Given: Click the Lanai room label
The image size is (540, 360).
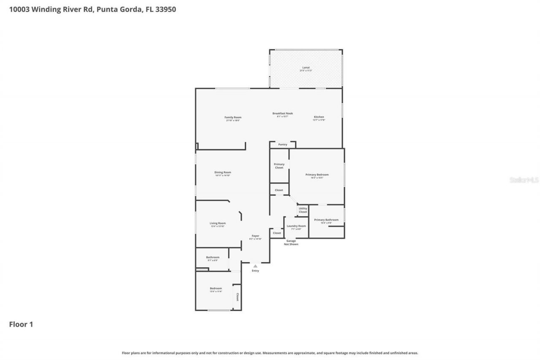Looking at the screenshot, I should pos(306,68).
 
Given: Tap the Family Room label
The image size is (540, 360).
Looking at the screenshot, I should pos(232,117).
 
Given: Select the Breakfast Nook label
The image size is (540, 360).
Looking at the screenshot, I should pos(282,113).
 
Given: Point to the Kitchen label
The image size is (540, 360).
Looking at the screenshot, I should pos(319,117).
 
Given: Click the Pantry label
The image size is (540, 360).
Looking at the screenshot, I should pos(282,144).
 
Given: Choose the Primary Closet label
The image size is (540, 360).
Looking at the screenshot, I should pos(279,166).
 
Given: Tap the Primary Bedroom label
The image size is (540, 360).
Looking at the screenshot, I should pos(317,175).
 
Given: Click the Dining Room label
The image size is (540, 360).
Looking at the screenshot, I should pos(222,172).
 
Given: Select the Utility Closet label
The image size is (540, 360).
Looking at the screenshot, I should pos(303,210).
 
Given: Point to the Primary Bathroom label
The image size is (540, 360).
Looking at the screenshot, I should pos(326,220).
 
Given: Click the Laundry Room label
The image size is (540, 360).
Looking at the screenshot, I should pos(296,226).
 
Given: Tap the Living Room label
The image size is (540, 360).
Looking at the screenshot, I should pos(218,223).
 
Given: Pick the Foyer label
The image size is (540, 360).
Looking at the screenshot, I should pos(255,236).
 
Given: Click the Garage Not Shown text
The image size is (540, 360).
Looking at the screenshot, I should pos(291,242).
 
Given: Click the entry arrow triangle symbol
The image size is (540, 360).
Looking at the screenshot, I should pos(255,266).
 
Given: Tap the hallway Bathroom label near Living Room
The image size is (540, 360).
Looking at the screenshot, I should pos(213,257).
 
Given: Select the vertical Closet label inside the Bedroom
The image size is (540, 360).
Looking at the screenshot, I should pos(238,297).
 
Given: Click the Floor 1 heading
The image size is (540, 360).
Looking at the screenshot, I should pos(21,324).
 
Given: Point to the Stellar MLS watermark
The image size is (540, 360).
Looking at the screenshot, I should pos(524,180).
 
